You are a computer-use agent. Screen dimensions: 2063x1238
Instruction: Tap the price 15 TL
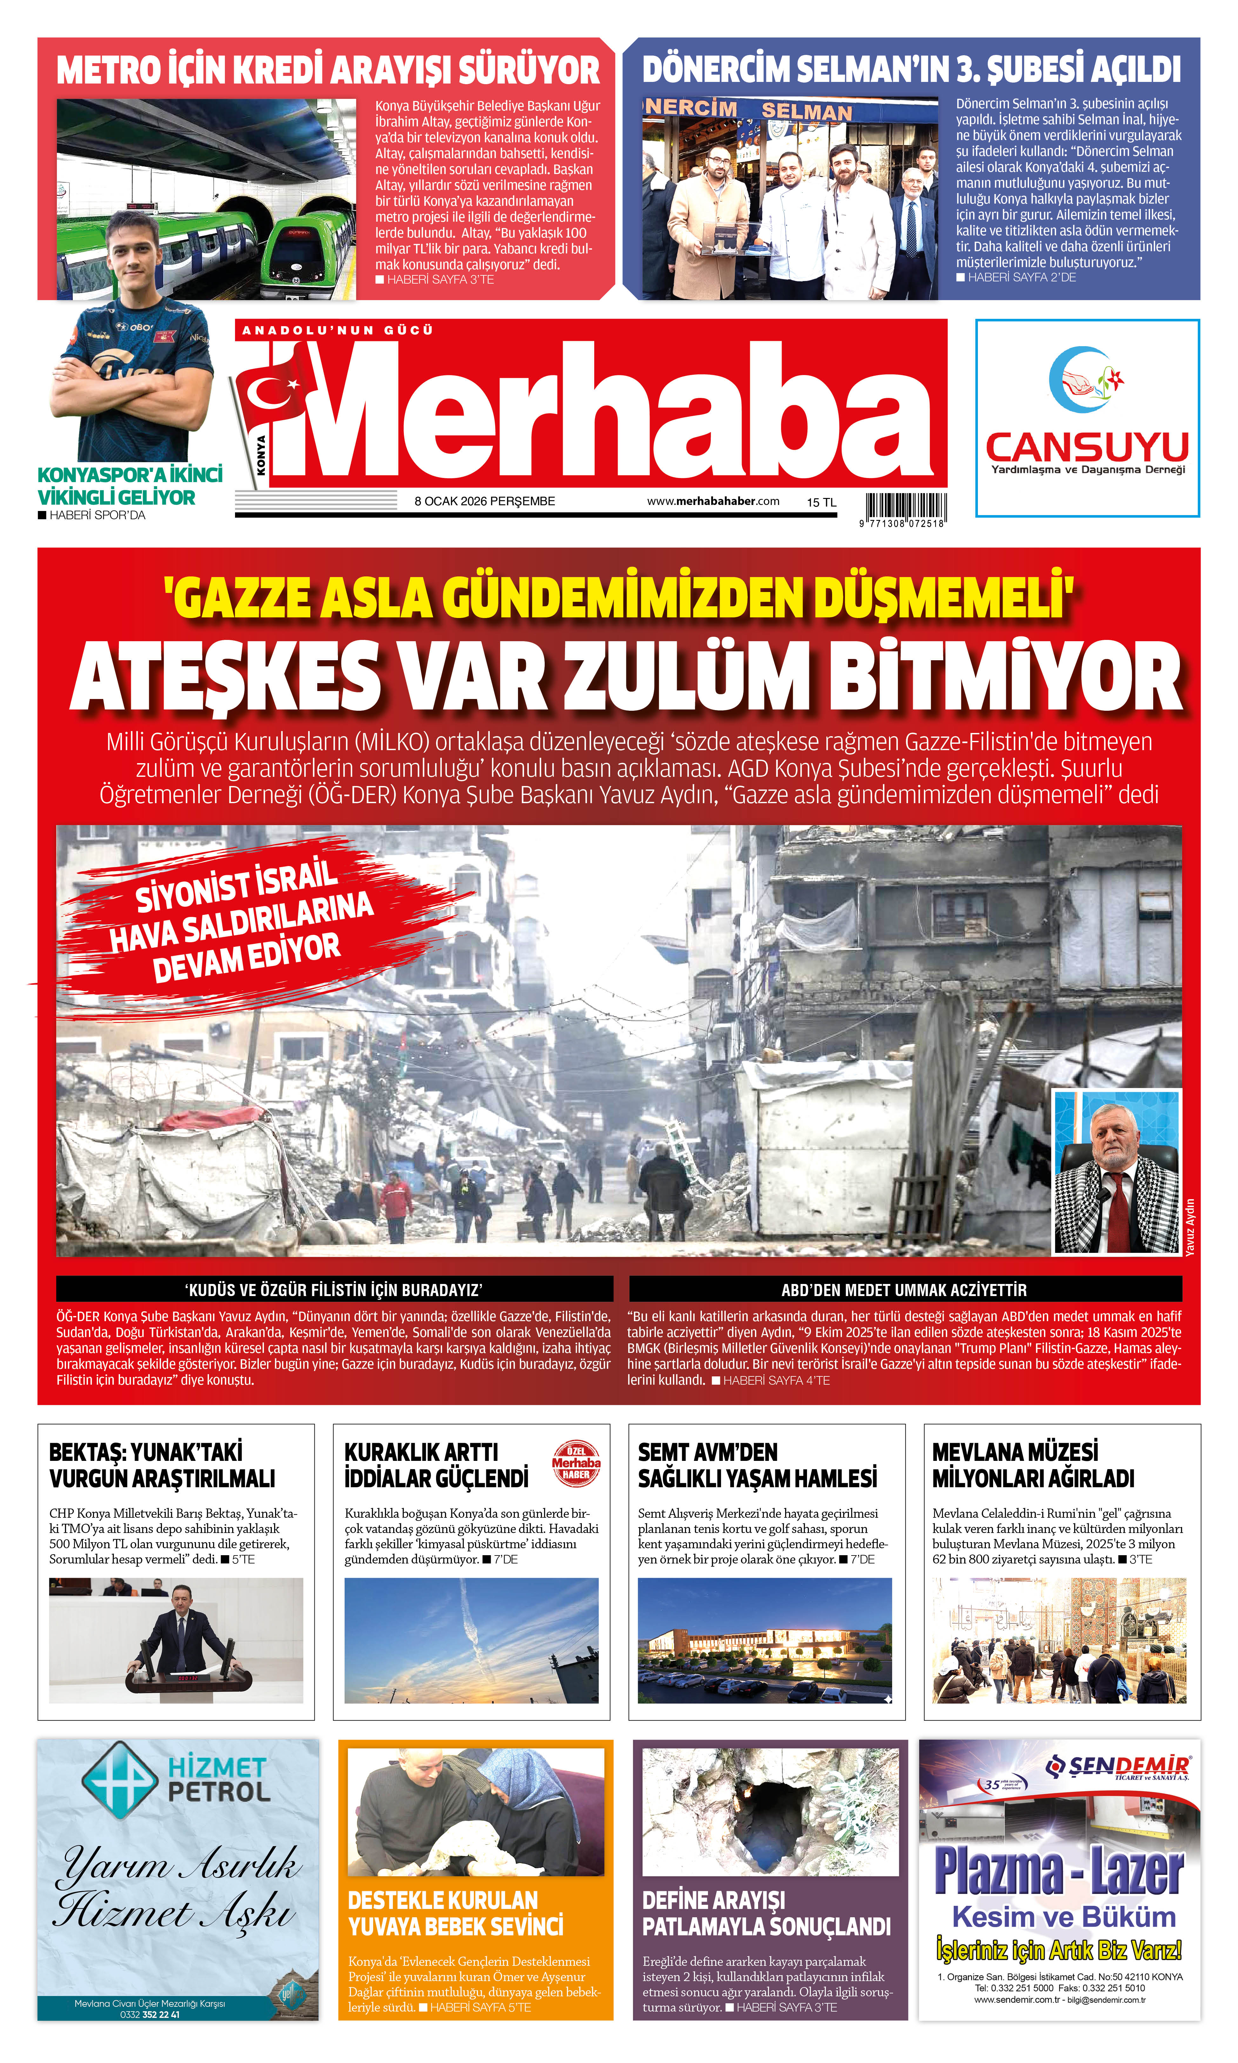point(821,502)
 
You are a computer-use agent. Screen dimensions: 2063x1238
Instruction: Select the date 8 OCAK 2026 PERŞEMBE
point(485,501)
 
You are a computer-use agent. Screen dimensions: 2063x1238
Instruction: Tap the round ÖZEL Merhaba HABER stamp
point(575,1463)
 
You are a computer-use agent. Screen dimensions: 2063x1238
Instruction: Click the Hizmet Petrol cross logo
point(119,1778)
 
